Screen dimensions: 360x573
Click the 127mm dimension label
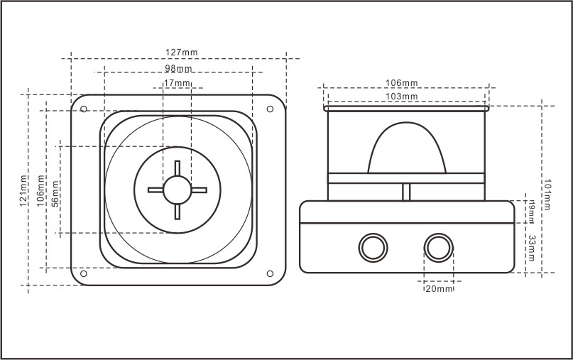pos(182,53)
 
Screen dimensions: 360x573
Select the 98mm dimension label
pos(178,68)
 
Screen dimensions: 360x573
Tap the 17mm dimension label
pos(178,83)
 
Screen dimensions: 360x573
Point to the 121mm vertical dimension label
pos(24,190)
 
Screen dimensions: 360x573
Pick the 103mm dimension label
pos(402,97)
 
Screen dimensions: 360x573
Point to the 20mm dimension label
pos(439,289)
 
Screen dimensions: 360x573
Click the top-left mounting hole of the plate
pos(84,109)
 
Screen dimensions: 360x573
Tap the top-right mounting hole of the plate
pos(270,109)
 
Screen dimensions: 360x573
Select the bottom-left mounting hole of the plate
pos(84,273)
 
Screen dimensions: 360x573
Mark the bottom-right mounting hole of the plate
pos(270,273)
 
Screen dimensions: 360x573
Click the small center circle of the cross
pos(178,190)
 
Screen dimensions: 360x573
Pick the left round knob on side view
pos(371,247)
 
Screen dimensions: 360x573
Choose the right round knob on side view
pos(438,247)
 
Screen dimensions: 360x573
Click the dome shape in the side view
pos(406,149)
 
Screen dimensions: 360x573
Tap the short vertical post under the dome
pos(406,192)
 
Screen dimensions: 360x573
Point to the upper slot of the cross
pos(178,168)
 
